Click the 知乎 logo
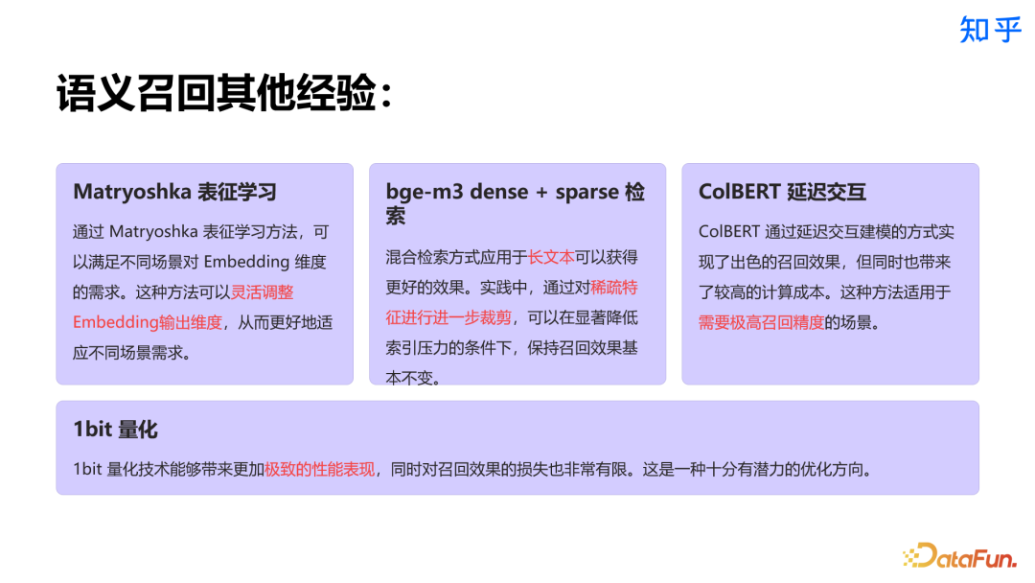click(990, 30)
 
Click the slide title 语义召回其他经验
click(222, 95)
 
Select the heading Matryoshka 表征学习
click(174, 192)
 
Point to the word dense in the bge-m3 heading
click(497, 192)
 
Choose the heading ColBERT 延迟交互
click(782, 192)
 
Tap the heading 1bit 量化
click(115, 429)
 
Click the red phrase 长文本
click(551, 257)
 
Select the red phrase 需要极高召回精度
click(761, 322)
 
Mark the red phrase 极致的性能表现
click(319, 470)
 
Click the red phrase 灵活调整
click(263, 291)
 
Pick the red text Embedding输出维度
click(148, 322)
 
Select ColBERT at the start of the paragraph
click(730, 232)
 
